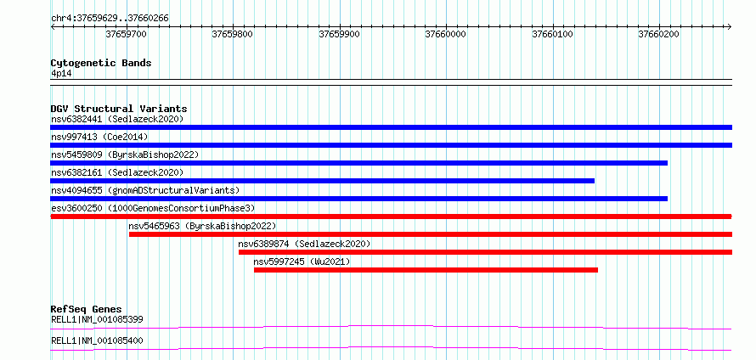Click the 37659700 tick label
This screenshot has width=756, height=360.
[127, 34]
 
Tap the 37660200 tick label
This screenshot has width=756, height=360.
[658, 34]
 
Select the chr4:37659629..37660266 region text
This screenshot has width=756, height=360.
[110, 19]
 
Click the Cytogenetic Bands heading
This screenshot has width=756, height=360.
[101, 63]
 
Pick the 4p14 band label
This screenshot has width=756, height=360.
[61, 73]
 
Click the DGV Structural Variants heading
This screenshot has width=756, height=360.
[119, 109]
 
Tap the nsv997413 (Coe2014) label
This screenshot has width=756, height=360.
[99, 137]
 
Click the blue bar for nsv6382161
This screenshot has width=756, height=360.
[323, 181]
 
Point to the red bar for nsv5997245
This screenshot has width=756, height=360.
[426, 270]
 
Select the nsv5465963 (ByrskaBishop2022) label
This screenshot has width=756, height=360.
[202, 226]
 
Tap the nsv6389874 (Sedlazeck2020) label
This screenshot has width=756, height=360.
[304, 244]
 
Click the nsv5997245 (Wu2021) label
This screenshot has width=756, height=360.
[302, 262]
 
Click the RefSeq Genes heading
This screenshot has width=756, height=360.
[87, 309]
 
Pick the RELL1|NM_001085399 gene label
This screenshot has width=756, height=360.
[97, 319]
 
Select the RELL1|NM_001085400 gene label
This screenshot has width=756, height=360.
[97, 341]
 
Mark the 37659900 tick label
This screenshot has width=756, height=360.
[340, 34]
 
